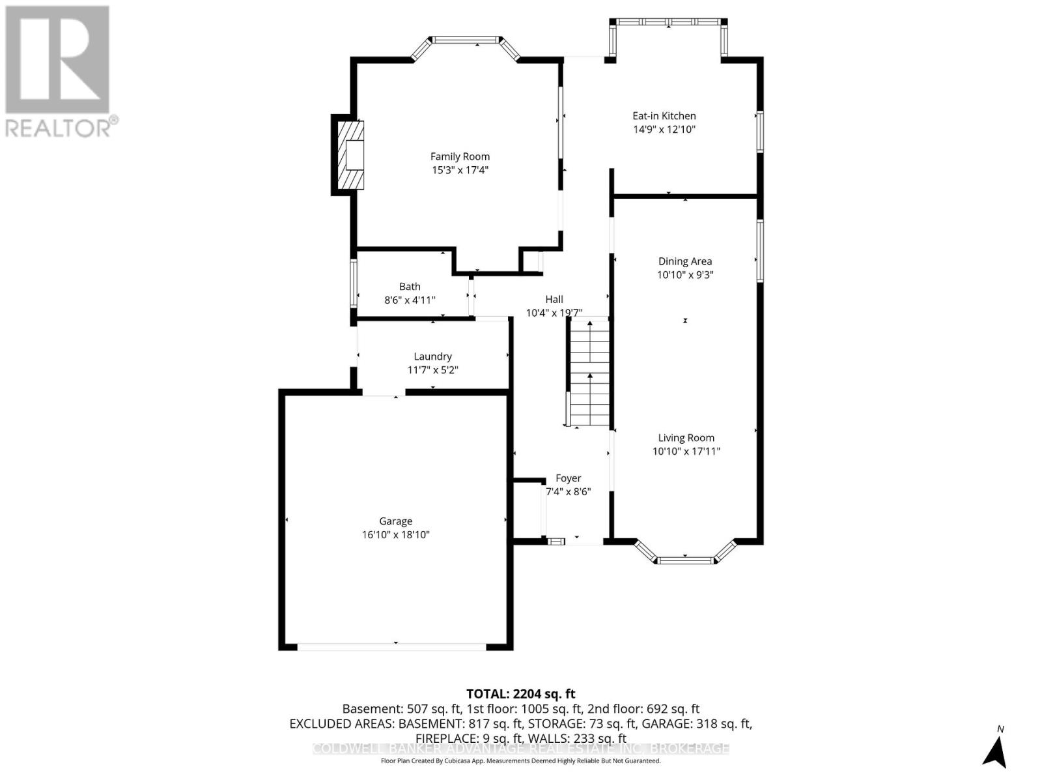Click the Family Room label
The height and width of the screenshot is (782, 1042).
(x=460, y=156)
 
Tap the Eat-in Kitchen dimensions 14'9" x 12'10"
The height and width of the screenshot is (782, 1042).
(x=664, y=129)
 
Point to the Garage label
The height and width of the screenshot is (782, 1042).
(x=396, y=521)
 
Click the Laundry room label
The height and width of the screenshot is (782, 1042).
(x=432, y=356)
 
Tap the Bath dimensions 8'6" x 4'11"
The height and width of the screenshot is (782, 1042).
(x=410, y=300)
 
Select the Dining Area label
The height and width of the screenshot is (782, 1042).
(x=685, y=261)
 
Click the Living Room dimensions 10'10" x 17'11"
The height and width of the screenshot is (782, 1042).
(x=686, y=451)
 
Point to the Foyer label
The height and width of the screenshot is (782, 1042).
(x=568, y=478)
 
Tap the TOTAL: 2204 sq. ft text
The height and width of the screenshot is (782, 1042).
(x=520, y=694)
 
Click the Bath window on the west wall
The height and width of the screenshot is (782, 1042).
(x=354, y=283)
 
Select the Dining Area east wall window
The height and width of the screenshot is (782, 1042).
(x=759, y=251)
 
